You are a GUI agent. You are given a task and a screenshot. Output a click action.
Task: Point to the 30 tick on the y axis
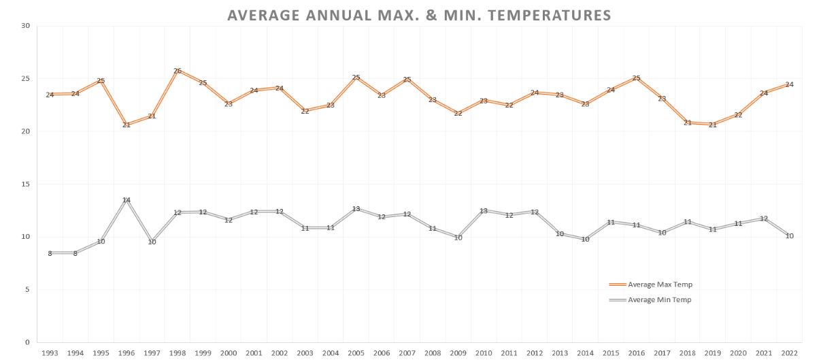click(26, 26)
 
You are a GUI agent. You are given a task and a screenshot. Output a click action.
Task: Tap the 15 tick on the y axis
click(26, 184)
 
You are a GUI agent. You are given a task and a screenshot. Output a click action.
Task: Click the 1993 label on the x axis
click(50, 353)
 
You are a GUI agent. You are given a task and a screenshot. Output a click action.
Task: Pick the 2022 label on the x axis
click(788, 353)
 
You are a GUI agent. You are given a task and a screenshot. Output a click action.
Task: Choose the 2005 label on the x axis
click(356, 353)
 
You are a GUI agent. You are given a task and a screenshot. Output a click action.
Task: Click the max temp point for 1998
click(178, 70)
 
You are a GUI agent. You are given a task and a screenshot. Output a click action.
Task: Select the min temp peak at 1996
click(127, 200)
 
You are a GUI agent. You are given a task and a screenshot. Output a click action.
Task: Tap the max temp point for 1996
click(127, 125)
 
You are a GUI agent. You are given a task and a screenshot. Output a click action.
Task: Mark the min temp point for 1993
click(50, 253)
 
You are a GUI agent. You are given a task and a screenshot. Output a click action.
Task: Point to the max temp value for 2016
click(636, 78)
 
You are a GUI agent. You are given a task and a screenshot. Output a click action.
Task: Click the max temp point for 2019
click(712, 125)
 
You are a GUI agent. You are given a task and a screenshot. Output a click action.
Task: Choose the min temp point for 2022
click(789, 235)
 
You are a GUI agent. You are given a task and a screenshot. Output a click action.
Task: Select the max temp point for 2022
click(789, 84)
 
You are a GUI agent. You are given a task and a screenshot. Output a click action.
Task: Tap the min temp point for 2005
click(356, 208)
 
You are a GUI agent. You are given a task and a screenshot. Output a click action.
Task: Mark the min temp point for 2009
click(458, 238)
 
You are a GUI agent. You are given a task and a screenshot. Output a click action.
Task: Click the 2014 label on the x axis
click(585, 353)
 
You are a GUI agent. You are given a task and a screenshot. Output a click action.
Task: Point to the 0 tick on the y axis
click(28, 342)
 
